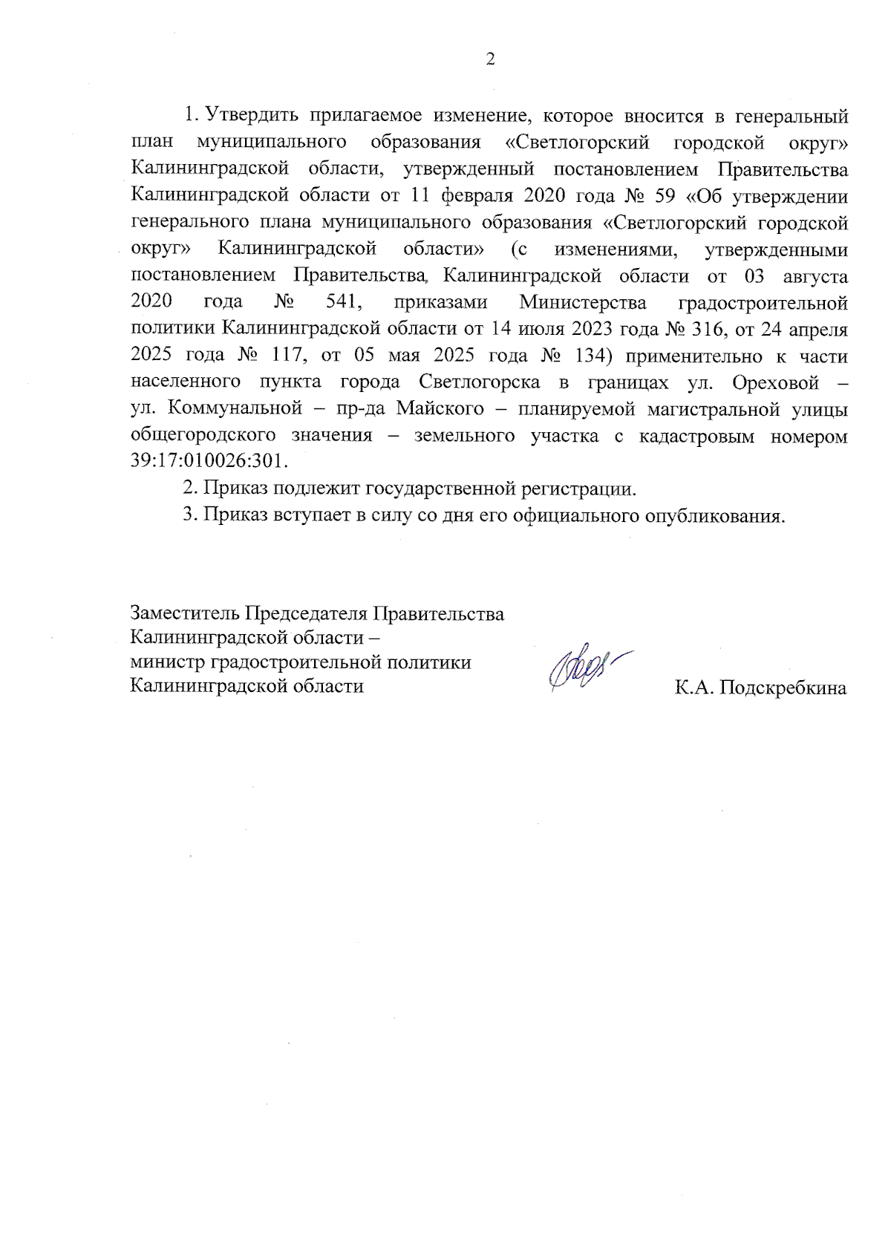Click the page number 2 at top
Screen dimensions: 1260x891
(x=489, y=60)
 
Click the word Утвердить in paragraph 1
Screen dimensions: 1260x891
(x=252, y=116)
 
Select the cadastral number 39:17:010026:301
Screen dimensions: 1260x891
(x=208, y=461)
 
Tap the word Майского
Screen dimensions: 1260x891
(x=440, y=408)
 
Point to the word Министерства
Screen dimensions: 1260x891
(x=582, y=302)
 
